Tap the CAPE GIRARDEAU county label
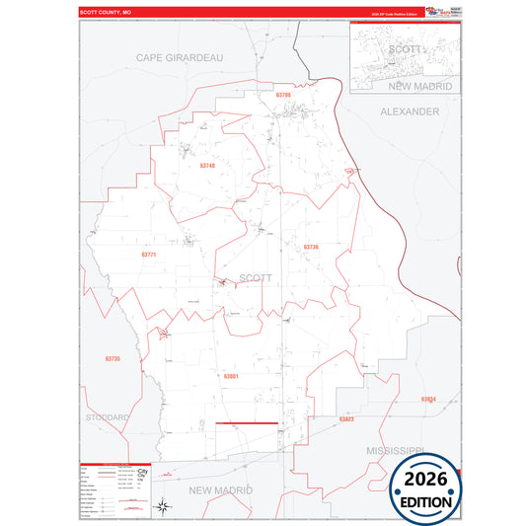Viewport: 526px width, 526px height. pos(180,57)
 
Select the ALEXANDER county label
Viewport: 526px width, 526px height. pos(410,112)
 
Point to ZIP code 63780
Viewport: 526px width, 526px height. pos(283,95)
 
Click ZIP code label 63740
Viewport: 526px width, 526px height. pos(205,166)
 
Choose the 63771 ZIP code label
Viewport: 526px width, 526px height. pos(149,255)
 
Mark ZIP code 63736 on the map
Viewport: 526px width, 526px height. pos(311,247)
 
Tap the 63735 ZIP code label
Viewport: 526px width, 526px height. pos(112,358)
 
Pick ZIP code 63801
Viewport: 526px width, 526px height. pos(231,376)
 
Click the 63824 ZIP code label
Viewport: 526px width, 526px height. pos(427,399)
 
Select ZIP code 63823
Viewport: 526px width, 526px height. pos(346,419)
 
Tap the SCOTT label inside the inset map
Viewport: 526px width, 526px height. pos(405,47)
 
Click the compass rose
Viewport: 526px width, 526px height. pos(165,507)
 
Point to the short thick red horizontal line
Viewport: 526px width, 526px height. pos(247,424)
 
